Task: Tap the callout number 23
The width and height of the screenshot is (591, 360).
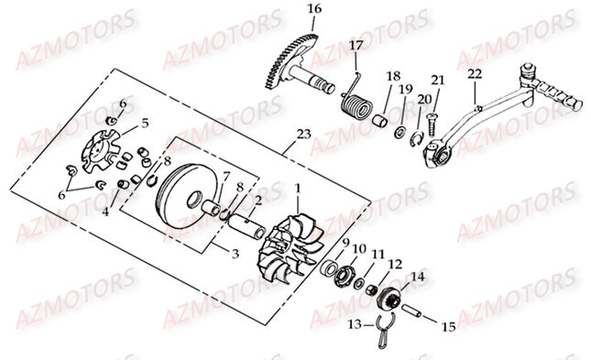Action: pyautogui.click(x=304, y=135)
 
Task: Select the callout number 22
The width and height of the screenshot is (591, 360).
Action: pyautogui.click(x=474, y=73)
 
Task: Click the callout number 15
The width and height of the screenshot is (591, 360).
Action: pyautogui.click(x=448, y=326)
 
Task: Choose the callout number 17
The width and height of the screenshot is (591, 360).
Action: pyautogui.click(x=356, y=45)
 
